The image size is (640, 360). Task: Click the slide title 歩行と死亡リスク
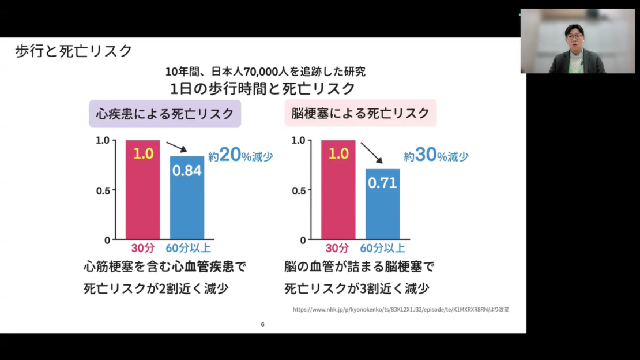[74, 51]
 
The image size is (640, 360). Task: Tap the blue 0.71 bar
[382, 204]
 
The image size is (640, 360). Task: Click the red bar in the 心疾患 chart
[143, 190]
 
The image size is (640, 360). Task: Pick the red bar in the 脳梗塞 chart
[338, 190]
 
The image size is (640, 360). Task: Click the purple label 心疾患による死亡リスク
[164, 114]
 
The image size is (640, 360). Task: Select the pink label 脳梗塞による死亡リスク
[360, 114]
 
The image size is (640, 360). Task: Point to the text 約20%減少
[240, 156]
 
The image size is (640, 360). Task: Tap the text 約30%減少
[436, 156]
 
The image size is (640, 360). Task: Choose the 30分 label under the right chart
[337, 249]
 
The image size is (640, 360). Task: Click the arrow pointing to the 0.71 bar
[372, 153]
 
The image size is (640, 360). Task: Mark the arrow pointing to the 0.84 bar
[176, 147]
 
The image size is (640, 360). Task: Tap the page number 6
[263, 324]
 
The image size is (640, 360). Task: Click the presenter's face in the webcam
[574, 37]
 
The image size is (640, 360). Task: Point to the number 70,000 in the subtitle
[251, 72]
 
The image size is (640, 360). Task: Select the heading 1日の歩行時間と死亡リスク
[262, 89]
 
